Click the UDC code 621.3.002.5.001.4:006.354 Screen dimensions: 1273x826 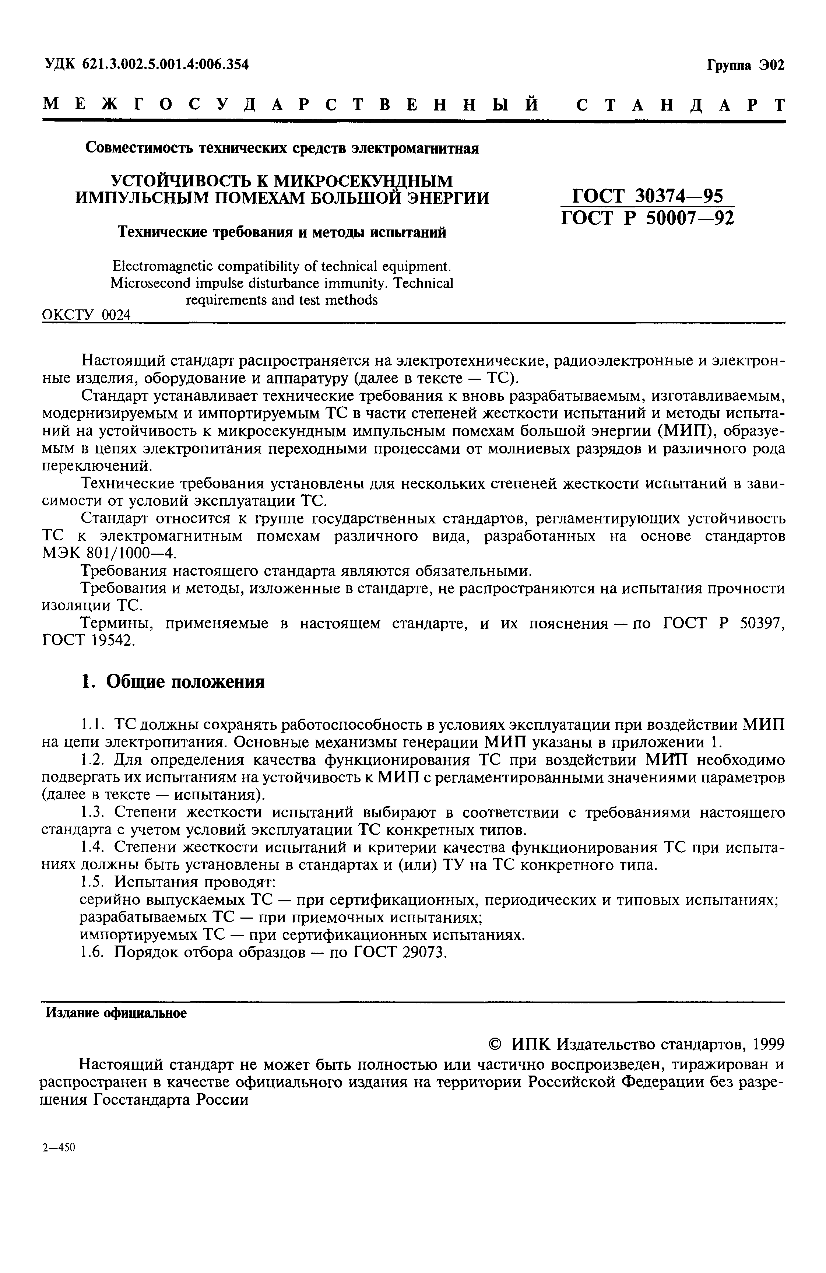point(166,65)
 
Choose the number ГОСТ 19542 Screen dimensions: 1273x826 point(89,640)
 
